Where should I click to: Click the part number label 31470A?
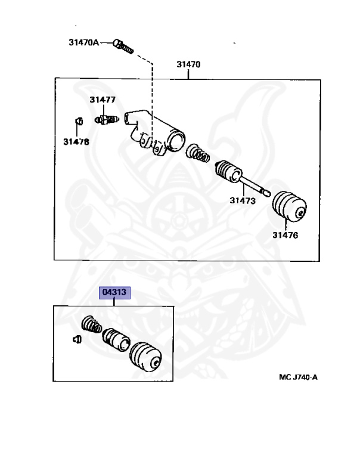click(x=84, y=43)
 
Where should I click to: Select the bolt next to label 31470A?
click(x=123, y=47)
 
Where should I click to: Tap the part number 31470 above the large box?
click(x=188, y=64)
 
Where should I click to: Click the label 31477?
click(x=103, y=100)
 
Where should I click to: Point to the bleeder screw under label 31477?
click(x=107, y=120)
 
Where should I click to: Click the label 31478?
click(x=76, y=142)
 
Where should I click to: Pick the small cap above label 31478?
click(x=78, y=121)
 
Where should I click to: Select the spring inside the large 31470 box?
click(x=198, y=153)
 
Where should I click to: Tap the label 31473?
click(x=243, y=201)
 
